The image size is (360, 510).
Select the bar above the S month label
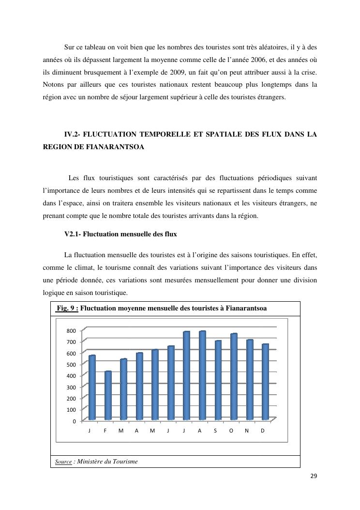tap(218, 380)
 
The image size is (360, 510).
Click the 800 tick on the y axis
tap(71, 331)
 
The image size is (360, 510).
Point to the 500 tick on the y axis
tap(71, 365)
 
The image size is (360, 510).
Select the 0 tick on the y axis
tap(74, 421)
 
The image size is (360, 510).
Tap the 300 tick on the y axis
tap(71, 387)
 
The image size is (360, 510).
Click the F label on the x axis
tap(105, 431)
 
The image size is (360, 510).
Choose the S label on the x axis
tap(215, 431)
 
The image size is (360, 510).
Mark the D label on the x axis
tap(262, 431)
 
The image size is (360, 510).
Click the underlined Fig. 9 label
tap(67, 308)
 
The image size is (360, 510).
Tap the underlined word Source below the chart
tap(63, 462)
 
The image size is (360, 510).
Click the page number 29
tap(314, 476)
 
